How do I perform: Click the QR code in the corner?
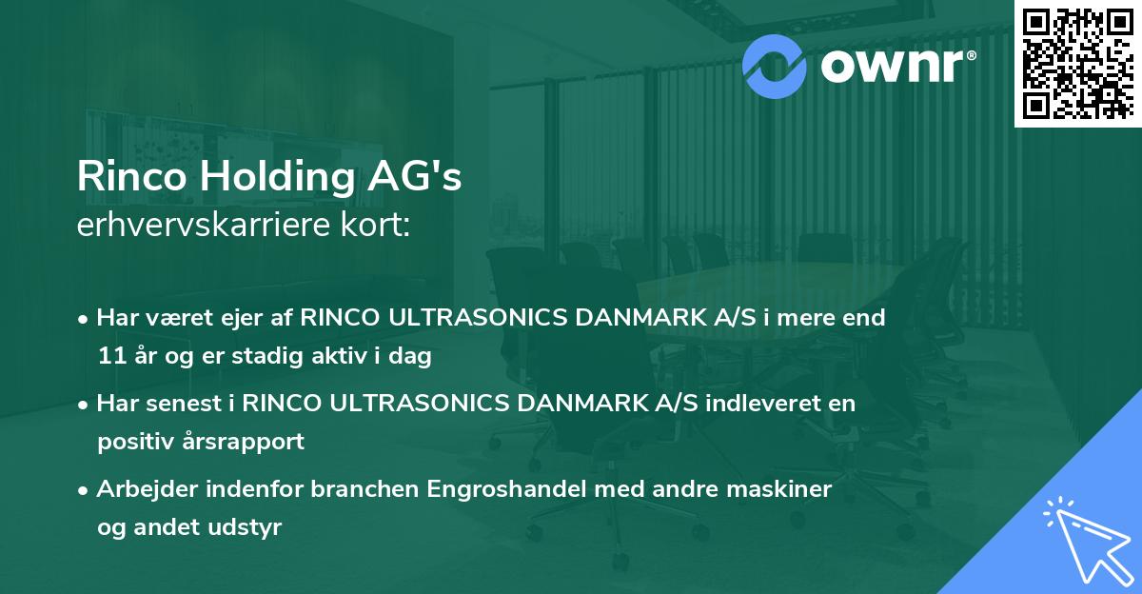click(x=1077, y=64)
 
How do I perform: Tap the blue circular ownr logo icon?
click(x=775, y=66)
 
